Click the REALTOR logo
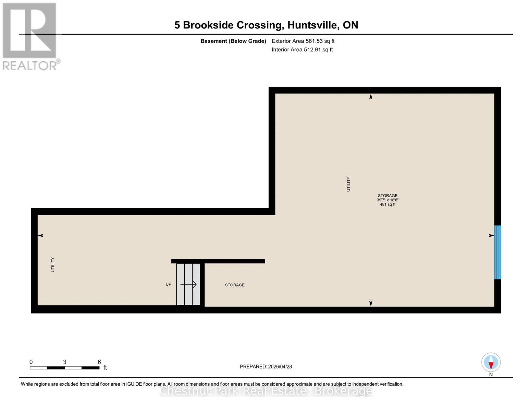pos(30,36)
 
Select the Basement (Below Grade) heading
pos(233,41)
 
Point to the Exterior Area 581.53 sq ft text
pos(303,41)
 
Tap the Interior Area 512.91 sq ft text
pos(302,50)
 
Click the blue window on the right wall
pos(497,252)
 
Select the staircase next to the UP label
pos(188,284)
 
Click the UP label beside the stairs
pos(168,284)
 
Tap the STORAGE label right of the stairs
pos(235,285)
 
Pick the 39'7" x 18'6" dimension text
pos(387,200)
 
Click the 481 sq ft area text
pos(387,204)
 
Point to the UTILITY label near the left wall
pos(53,265)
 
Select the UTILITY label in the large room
pos(348,184)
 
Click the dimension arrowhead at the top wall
pos(371,97)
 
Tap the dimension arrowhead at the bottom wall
pos(371,303)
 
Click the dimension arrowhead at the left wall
pos(41,235)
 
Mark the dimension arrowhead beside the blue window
pos(491,235)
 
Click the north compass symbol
pos(491,363)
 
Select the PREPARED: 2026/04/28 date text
pos(266,366)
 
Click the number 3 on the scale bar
pos(64,362)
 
